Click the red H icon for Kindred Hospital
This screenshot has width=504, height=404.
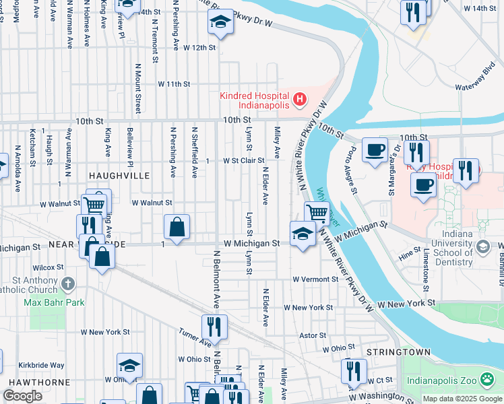(300, 101)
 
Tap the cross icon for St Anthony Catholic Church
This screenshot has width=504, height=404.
(67, 284)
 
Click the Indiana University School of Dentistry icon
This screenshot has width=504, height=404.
(482, 247)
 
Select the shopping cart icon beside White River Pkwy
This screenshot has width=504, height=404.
(317, 213)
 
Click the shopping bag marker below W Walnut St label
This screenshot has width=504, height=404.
(177, 227)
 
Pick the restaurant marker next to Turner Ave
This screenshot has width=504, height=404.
(214, 327)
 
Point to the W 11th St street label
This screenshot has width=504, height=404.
(175, 84)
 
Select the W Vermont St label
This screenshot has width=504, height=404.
(315, 279)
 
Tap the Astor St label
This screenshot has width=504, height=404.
(313, 335)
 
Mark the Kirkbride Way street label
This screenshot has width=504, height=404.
(42, 364)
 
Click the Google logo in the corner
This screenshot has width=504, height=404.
(23, 395)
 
